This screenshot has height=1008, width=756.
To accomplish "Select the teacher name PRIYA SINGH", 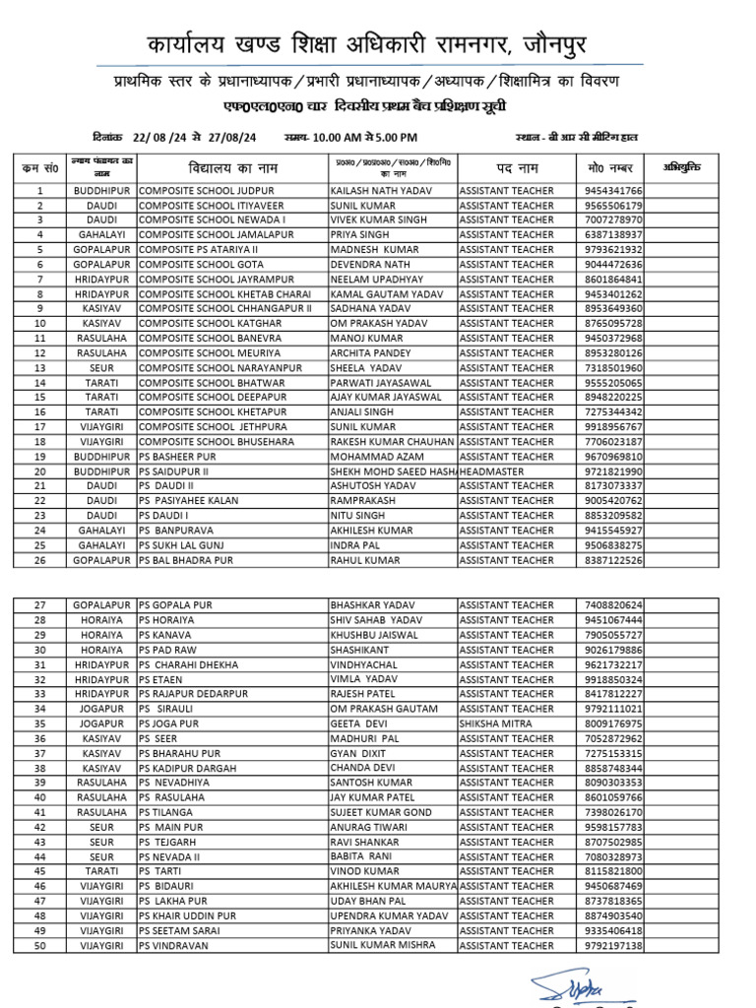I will click(x=359, y=235).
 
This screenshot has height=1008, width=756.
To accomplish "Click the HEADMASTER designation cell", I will click(x=499, y=472).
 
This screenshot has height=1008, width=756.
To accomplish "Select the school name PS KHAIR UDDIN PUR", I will click(x=188, y=915).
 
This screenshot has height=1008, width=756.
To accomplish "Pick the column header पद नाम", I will click(x=515, y=166).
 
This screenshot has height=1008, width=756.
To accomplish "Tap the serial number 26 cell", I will click(x=40, y=560).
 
